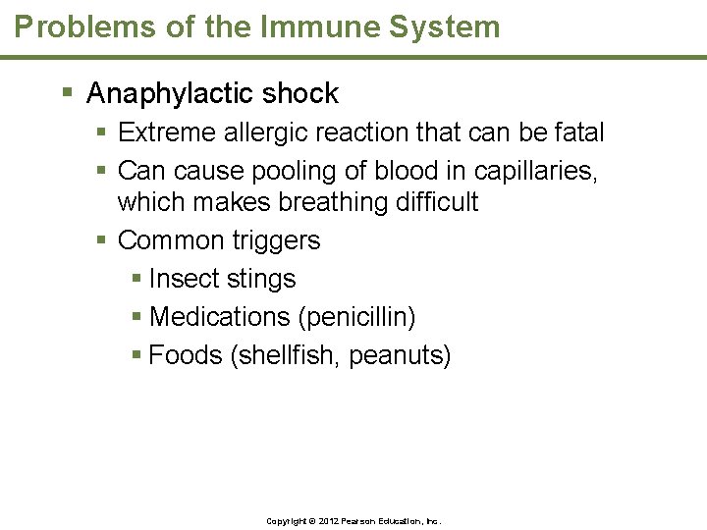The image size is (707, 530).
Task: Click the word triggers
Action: click(x=276, y=241)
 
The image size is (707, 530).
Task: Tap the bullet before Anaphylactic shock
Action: click(x=68, y=94)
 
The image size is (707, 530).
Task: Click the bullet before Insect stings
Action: click(x=136, y=280)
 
